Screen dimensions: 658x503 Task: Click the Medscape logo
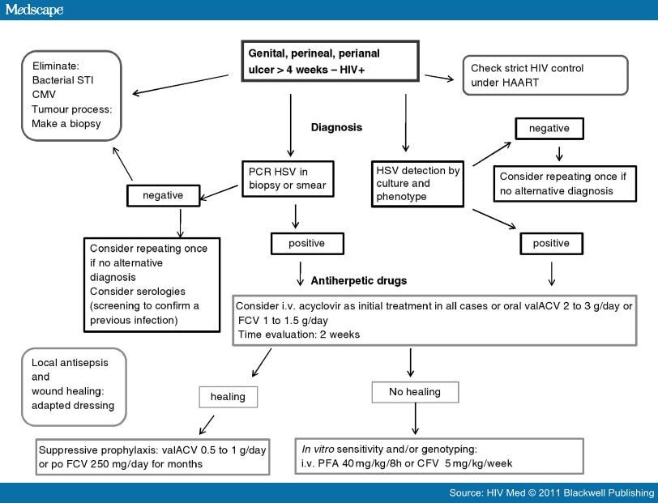[x=34, y=9]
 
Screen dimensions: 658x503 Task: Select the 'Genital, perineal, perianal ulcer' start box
[x=331, y=61]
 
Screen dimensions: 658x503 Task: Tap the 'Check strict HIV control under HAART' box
[x=545, y=75]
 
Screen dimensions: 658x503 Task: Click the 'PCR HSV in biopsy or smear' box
[x=288, y=179]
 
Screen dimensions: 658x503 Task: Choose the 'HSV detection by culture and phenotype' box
[x=417, y=184]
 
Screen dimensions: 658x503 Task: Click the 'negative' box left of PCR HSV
[x=163, y=195]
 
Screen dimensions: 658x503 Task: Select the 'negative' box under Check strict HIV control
[x=549, y=128]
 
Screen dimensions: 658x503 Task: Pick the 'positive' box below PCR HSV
[x=307, y=244]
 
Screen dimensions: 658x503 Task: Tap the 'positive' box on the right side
[x=551, y=244]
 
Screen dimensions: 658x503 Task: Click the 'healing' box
[x=229, y=397]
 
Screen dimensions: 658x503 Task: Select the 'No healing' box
[x=415, y=392]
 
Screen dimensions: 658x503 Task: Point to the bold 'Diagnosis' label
[x=336, y=127]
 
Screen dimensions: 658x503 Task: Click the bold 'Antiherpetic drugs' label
[x=359, y=280]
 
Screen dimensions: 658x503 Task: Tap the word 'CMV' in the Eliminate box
[x=44, y=95]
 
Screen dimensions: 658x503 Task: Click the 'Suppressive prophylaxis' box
[x=152, y=457]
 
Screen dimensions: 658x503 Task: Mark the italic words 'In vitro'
[x=318, y=450]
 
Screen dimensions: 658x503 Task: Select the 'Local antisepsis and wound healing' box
[x=74, y=387]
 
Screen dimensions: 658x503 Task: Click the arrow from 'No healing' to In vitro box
[x=415, y=419]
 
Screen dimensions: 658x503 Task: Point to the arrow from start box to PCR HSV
[x=290, y=126]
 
